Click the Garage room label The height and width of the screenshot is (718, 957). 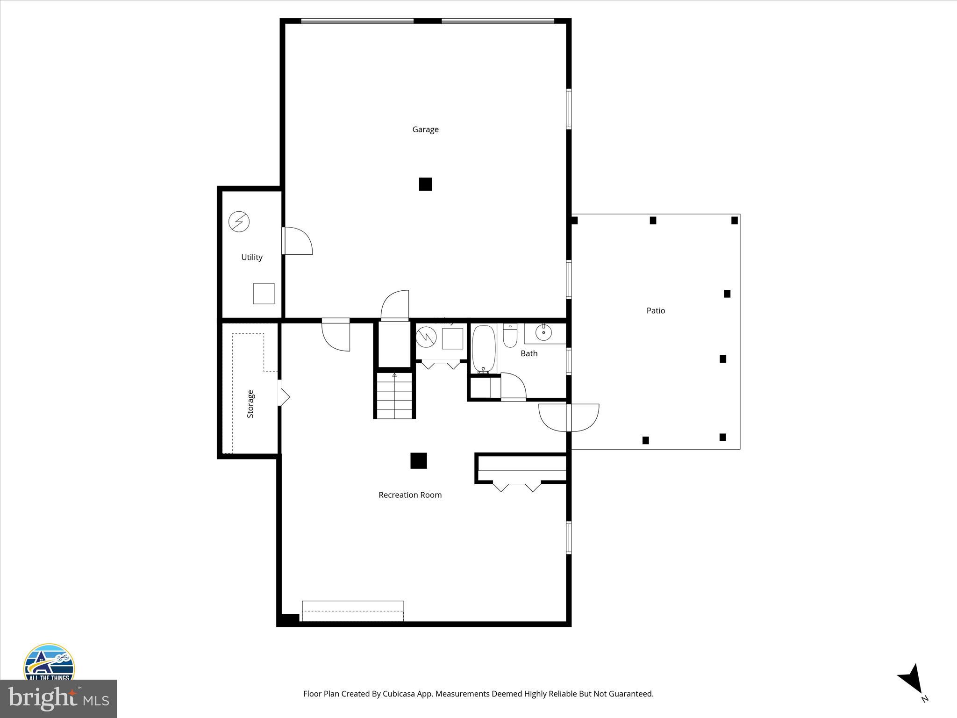pyautogui.click(x=425, y=129)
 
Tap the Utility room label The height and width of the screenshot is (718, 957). pyautogui.click(x=251, y=257)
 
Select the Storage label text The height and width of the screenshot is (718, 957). pyautogui.click(x=250, y=404)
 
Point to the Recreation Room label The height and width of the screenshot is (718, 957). pyautogui.click(x=410, y=495)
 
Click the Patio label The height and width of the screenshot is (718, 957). pyautogui.click(x=656, y=310)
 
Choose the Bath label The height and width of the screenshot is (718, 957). pyautogui.click(x=529, y=353)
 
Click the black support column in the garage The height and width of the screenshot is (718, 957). pyautogui.click(x=425, y=184)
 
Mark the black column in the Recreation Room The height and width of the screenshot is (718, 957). pyautogui.click(x=419, y=460)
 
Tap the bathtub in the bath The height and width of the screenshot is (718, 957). pyautogui.click(x=484, y=349)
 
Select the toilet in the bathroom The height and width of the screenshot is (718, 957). pyautogui.click(x=510, y=336)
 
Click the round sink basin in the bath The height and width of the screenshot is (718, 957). pyautogui.click(x=543, y=333)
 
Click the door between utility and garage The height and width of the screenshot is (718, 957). pyautogui.click(x=297, y=241)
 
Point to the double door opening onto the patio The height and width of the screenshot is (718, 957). pyautogui.click(x=569, y=417)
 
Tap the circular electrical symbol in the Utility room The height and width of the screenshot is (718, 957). pyautogui.click(x=239, y=222)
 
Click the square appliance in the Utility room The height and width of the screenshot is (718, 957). pyautogui.click(x=264, y=294)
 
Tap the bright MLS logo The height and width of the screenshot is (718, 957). pyautogui.click(x=58, y=698)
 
